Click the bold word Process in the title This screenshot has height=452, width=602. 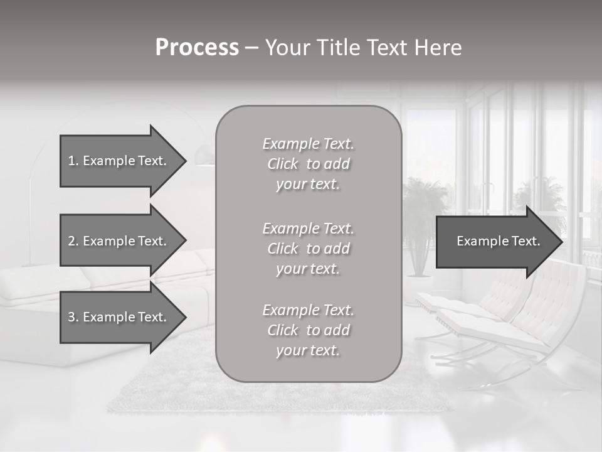tap(197, 48)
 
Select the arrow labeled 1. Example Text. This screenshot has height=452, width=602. tap(119, 161)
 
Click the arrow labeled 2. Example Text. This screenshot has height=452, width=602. tap(119, 241)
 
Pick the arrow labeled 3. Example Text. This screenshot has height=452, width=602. tap(119, 317)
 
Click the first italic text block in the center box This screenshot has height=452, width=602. tap(308, 164)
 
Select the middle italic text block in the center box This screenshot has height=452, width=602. tap(308, 249)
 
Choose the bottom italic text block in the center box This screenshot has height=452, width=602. tap(308, 330)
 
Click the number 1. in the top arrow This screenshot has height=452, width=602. tap(73, 161)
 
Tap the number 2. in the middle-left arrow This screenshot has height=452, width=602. tap(73, 241)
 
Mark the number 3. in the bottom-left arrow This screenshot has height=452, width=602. tap(73, 317)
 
